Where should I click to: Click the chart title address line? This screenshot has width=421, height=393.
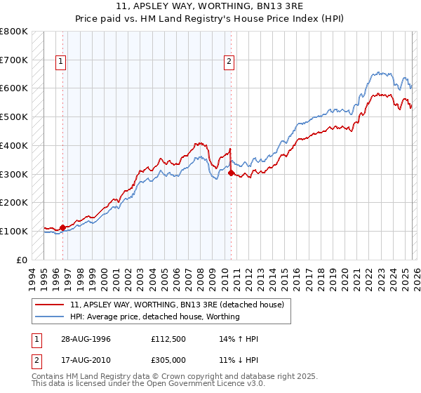click(210, 8)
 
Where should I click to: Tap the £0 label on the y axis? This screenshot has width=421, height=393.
click(21, 260)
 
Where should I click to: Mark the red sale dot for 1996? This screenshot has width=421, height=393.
click(63, 227)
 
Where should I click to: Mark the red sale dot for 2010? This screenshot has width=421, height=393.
click(231, 172)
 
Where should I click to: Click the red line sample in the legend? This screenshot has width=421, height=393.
click(51, 305)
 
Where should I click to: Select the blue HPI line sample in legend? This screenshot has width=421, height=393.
click(51, 317)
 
